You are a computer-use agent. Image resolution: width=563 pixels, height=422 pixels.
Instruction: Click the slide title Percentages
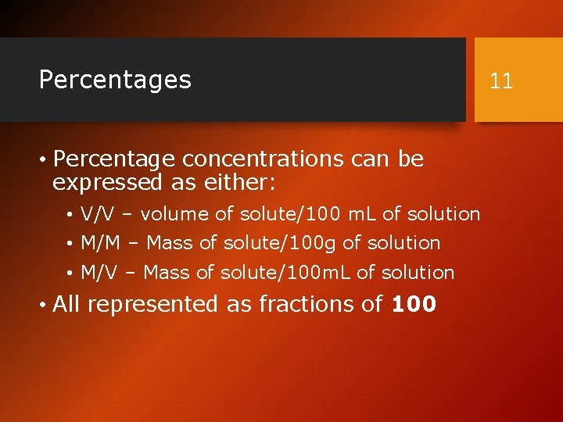point(115,80)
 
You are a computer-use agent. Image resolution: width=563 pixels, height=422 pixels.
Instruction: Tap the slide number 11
point(501,80)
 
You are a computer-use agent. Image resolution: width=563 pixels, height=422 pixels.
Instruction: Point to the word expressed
point(105,183)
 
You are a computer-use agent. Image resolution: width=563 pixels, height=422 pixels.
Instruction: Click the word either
point(246,183)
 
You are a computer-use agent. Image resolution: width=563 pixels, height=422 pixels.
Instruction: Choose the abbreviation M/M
point(100,243)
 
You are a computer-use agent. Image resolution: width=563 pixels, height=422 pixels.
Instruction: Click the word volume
point(175,214)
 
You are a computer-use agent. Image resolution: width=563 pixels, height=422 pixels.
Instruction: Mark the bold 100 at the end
point(413,304)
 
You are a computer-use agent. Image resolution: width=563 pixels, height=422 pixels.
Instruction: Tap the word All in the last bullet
point(68,304)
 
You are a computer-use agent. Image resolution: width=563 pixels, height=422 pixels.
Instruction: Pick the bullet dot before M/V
point(70,274)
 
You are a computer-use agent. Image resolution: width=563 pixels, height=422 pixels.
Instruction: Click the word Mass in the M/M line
point(170,243)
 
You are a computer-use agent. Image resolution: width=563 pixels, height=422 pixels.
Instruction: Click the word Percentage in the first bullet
point(115,159)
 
